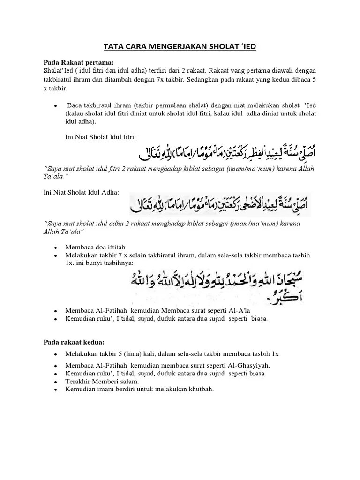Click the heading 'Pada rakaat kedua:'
pos(74,343)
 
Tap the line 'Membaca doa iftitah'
pos(95,247)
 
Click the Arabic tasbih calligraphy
pos(215,285)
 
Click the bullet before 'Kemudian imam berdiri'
pos(56,390)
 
